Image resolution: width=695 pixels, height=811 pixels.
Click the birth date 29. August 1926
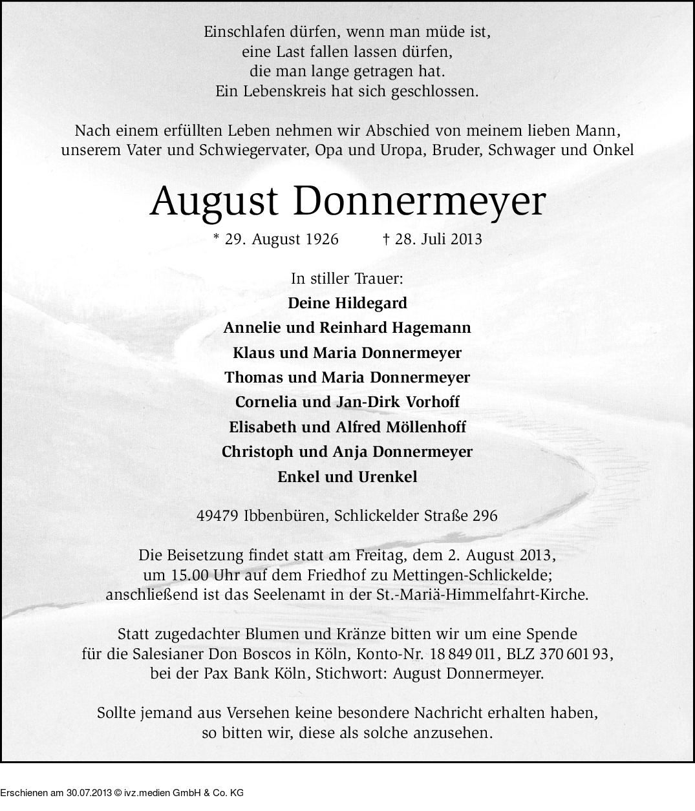tap(281, 239)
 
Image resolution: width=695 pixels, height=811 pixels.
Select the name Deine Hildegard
tap(347, 303)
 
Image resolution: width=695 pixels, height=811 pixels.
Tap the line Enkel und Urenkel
tap(347, 477)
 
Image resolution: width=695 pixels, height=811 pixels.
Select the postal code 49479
tap(218, 516)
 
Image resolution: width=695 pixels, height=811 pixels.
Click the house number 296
tap(485, 516)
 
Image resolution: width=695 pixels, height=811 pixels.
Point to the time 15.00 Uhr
tap(189, 575)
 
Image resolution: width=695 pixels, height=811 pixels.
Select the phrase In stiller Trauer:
tap(347, 279)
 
